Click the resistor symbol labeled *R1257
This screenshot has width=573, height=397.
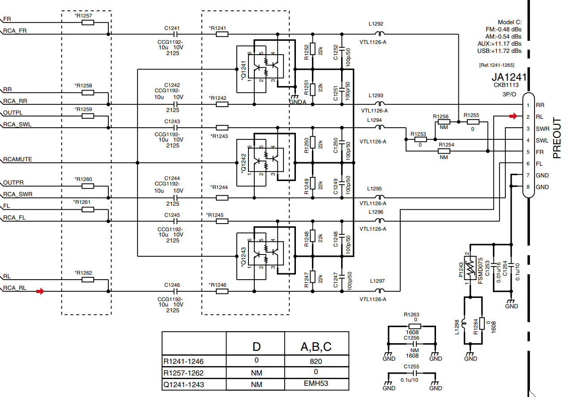tap(88, 22)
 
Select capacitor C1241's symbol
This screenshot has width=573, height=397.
tap(175, 34)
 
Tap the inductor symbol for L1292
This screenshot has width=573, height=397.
tap(380, 34)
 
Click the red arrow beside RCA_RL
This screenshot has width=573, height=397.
tap(40, 292)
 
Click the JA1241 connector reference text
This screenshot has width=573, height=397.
tap(509, 77)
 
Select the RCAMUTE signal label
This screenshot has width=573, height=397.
tap(17, 160)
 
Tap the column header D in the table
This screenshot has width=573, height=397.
tap(256, 346)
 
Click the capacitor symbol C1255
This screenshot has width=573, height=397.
tap(411, 373)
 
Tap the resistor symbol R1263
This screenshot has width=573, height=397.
tap(411, 327)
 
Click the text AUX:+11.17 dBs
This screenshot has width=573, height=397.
tap(499, 44)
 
